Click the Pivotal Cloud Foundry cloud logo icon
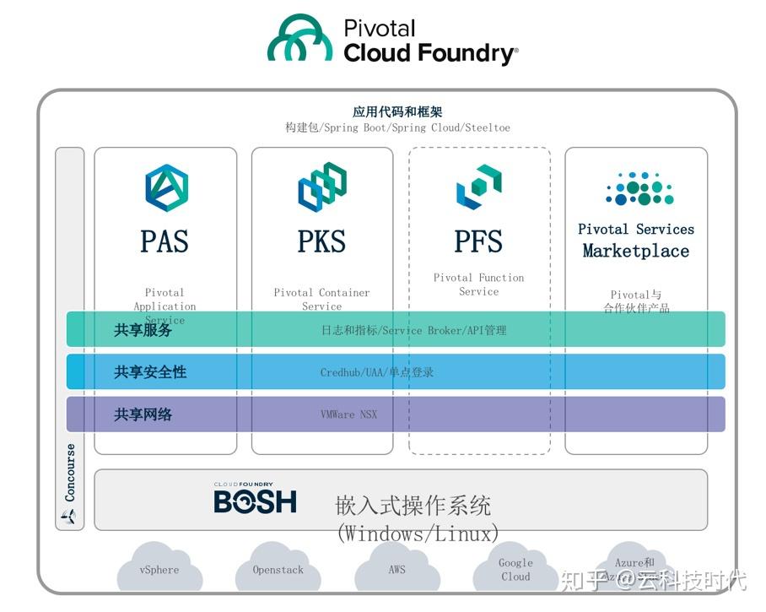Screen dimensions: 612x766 click(x=300, y=38)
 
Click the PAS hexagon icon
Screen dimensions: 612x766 click(x=166, y=187)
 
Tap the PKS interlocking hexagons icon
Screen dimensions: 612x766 click(x=322, y=187)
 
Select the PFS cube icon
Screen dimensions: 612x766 click(x=478, y=187)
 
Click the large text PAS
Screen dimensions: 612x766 click(x=165, y=241)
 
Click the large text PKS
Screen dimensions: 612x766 click(x=321, y=241)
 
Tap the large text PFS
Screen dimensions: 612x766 click(x=478, y=241)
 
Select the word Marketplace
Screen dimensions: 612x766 click(x=635, y=251)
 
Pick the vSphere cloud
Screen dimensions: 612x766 click(x=159, y=570)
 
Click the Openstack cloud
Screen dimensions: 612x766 click(x=278, y=570)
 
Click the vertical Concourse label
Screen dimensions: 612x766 click(x=70, y=473)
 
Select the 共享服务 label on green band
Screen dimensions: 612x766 click(x=143, y=330)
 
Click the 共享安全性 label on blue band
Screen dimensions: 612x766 click(x=150, y=372)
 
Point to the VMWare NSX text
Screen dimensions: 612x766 click(x=348, y=414)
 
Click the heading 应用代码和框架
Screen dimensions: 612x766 click(x=396, y=111)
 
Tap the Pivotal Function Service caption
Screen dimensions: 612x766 click(x=478, y=284)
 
